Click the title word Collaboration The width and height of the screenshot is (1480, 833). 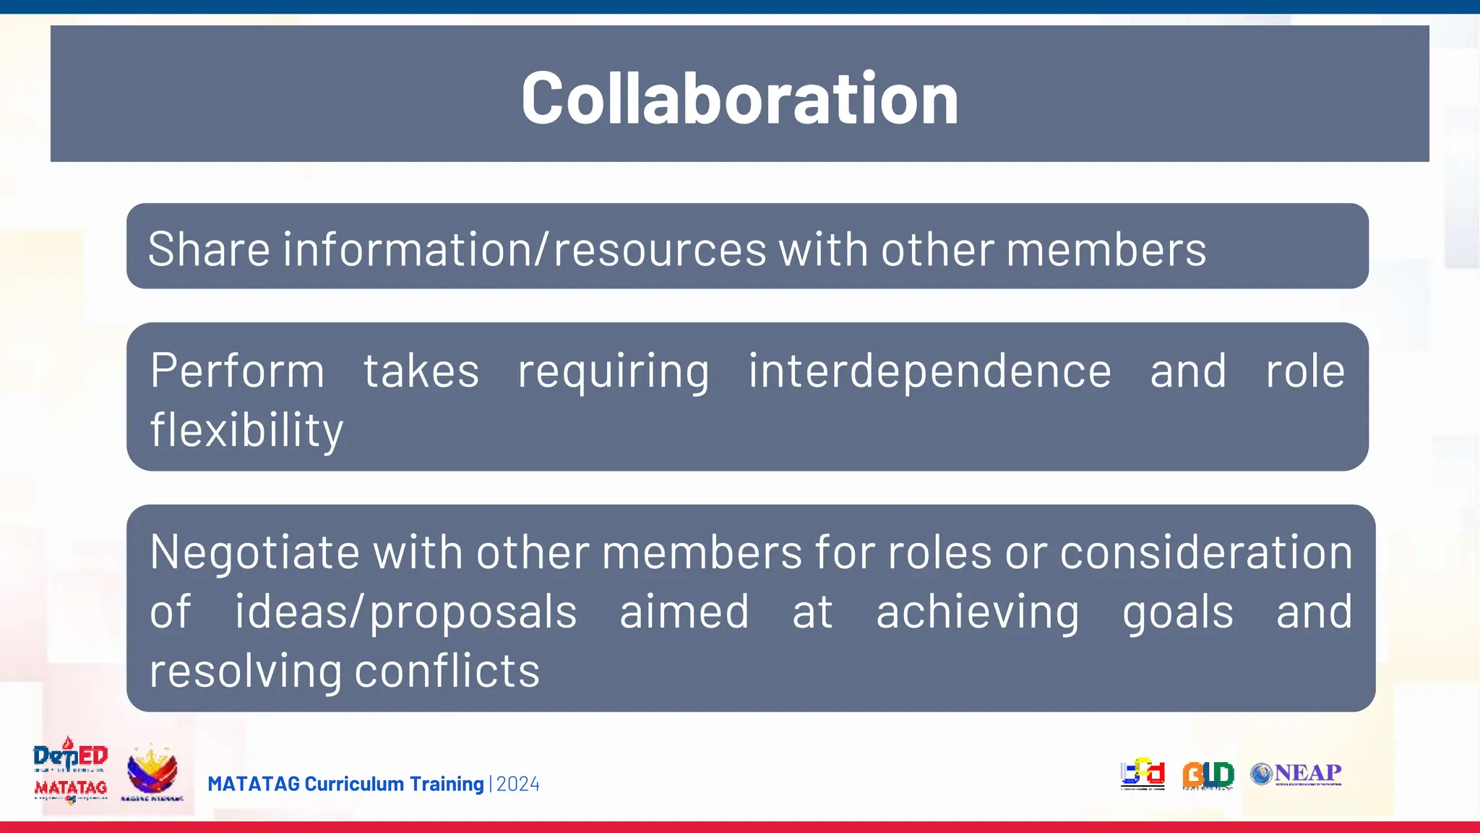pyautogui.click(x=739, y=98)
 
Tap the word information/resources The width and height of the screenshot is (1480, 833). pyautogui.click(x=525, y=249)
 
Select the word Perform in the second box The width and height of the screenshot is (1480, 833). pyautogui.click(x=237, y=372)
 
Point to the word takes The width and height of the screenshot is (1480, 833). pyautogui.click(x=421, y=372)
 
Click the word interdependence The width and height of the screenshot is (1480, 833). pyautogui.click(x=929, y=372)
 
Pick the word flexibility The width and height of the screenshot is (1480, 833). pyautogui.click(x=246, y=430)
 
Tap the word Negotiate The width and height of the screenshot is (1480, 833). pyautogui.click(x=254, y=552)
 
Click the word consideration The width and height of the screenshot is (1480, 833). pyautogui.click(x=1206, y=552)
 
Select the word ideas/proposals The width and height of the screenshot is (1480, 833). pyautogui.click(x=405, y=612)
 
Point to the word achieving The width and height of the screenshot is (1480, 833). pyautogui.click(x=978, y=612)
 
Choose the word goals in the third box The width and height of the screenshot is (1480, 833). pyautogui.click(x=1178, y=612)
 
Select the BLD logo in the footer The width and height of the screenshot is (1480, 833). pyautogui.click(x=1208, y=775)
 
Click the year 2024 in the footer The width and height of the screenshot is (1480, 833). pyautogui.click(x=518, y=785)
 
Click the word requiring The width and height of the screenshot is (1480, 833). pyautogui.click(x=614, y=372)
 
